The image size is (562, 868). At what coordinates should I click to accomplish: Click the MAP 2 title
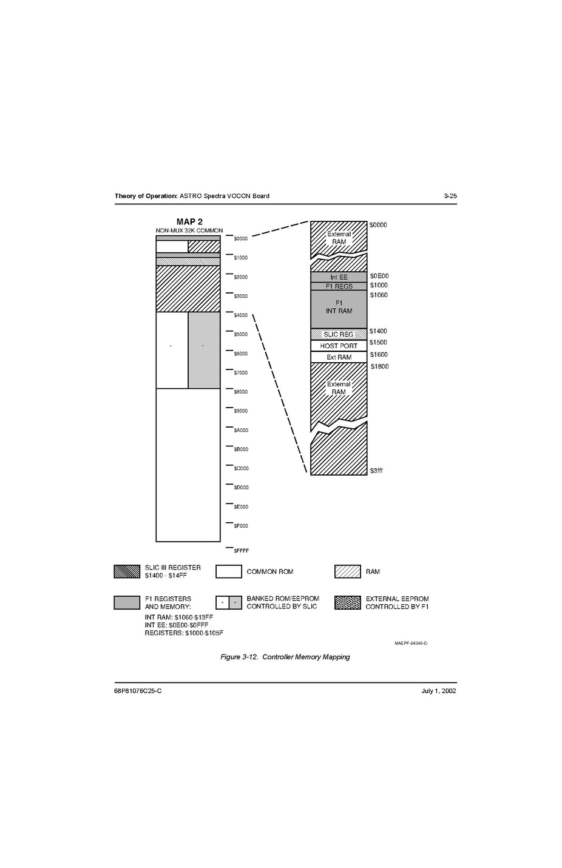(189, 221)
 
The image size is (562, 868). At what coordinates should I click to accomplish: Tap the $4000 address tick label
(241, 315)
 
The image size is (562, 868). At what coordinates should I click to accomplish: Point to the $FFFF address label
(241, 551)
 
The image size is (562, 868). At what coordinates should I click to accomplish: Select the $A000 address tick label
(241, 430)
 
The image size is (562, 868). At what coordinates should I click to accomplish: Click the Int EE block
(339, 277)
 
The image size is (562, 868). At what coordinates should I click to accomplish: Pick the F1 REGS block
(339, 286)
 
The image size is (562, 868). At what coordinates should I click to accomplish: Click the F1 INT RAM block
(339, 309)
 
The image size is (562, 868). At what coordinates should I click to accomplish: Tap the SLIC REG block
(339, 334)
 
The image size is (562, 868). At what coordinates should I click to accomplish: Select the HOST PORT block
(339, 346)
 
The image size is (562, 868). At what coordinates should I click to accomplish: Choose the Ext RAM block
(339, 357)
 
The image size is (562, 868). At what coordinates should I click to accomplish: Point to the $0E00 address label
(379, 276)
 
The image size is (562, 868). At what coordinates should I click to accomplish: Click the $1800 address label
(380, 366)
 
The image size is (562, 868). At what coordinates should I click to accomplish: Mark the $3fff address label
(376, 471)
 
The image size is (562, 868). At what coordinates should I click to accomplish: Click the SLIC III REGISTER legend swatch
(127, 571)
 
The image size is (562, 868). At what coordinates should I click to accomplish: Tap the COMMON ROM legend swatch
(229, 571)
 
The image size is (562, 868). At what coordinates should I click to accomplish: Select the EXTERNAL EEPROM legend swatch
(348, 602)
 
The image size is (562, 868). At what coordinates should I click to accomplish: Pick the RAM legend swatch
(348, 571)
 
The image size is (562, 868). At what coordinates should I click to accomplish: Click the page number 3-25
(450, 196)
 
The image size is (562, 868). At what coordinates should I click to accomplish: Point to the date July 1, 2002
(439, 691)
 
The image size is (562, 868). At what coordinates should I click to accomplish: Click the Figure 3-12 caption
(285, 657)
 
